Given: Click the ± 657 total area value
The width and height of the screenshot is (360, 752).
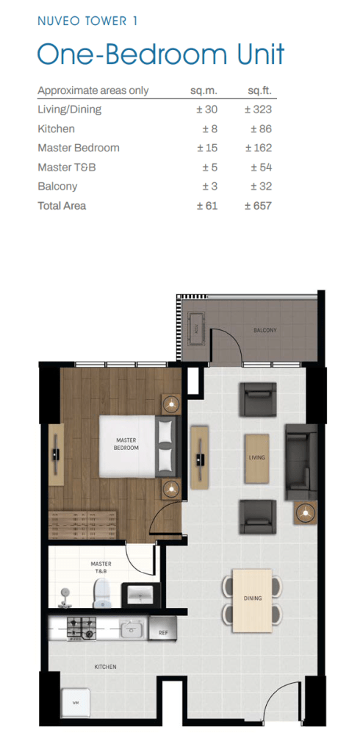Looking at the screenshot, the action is [258, 206].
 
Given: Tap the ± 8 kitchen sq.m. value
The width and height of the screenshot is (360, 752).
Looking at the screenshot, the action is [208, 129].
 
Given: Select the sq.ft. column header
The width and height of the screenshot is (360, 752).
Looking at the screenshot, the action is [259, 90].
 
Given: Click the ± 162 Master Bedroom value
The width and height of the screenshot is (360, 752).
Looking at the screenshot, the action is [259, 148].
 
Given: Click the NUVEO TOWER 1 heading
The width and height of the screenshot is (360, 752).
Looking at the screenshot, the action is [87, 21].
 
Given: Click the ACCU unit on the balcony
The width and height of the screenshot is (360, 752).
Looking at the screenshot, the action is [196, 329].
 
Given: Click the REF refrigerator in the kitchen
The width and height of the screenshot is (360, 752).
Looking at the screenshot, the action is [162, 628].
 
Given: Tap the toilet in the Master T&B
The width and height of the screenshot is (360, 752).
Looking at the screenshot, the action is [101, 594].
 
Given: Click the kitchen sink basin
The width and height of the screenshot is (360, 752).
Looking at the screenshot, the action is [132, 629].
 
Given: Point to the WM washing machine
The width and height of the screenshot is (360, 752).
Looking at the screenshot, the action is [75, 703].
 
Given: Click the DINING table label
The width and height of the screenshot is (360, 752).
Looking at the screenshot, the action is [253, 598].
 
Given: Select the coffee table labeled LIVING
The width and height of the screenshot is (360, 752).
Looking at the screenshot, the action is [257, 458].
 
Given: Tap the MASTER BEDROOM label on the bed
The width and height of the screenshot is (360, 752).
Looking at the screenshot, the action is [126, 444].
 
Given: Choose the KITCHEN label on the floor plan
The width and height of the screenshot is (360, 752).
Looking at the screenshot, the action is [106, 667].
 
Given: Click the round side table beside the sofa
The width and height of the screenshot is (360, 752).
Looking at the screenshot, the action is [305, 512].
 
